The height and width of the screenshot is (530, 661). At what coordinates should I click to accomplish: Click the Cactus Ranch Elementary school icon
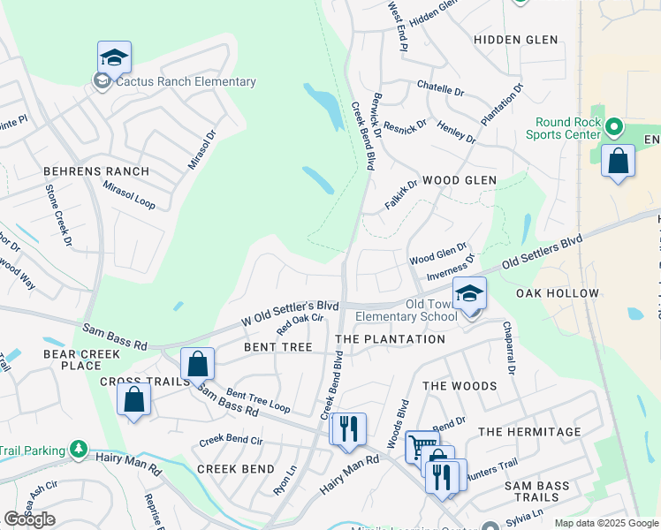[x=115, y=58]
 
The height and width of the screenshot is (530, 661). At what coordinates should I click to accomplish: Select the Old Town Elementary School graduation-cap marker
[x=470, y=294]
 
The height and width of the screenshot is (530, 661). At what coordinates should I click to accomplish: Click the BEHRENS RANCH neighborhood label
[x=96, y=170]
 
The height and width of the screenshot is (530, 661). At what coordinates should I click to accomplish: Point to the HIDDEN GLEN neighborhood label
[x=515, y=41]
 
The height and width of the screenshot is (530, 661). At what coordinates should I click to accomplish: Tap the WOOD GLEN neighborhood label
[x=459, y=180]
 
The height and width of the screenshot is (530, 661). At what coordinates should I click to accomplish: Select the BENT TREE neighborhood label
[x=278, y=347]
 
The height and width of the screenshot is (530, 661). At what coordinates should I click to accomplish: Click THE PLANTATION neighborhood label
[x=391, y=339]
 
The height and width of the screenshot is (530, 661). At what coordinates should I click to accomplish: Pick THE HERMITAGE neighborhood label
[x=529, y=432]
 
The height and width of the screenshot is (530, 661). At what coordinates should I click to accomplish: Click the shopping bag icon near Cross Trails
[x=133, y=399]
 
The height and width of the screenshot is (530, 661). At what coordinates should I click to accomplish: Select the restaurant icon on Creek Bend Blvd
[x=347, y=429]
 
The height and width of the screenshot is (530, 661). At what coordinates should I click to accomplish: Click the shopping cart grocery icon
[x=422, y=448]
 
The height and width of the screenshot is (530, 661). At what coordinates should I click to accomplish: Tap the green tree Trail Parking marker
[x=79, y=450]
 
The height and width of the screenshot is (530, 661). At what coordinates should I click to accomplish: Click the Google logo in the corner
[x=29, y=519]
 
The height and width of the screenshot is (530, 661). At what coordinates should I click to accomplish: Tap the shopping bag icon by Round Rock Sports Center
[x=619, y=162]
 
